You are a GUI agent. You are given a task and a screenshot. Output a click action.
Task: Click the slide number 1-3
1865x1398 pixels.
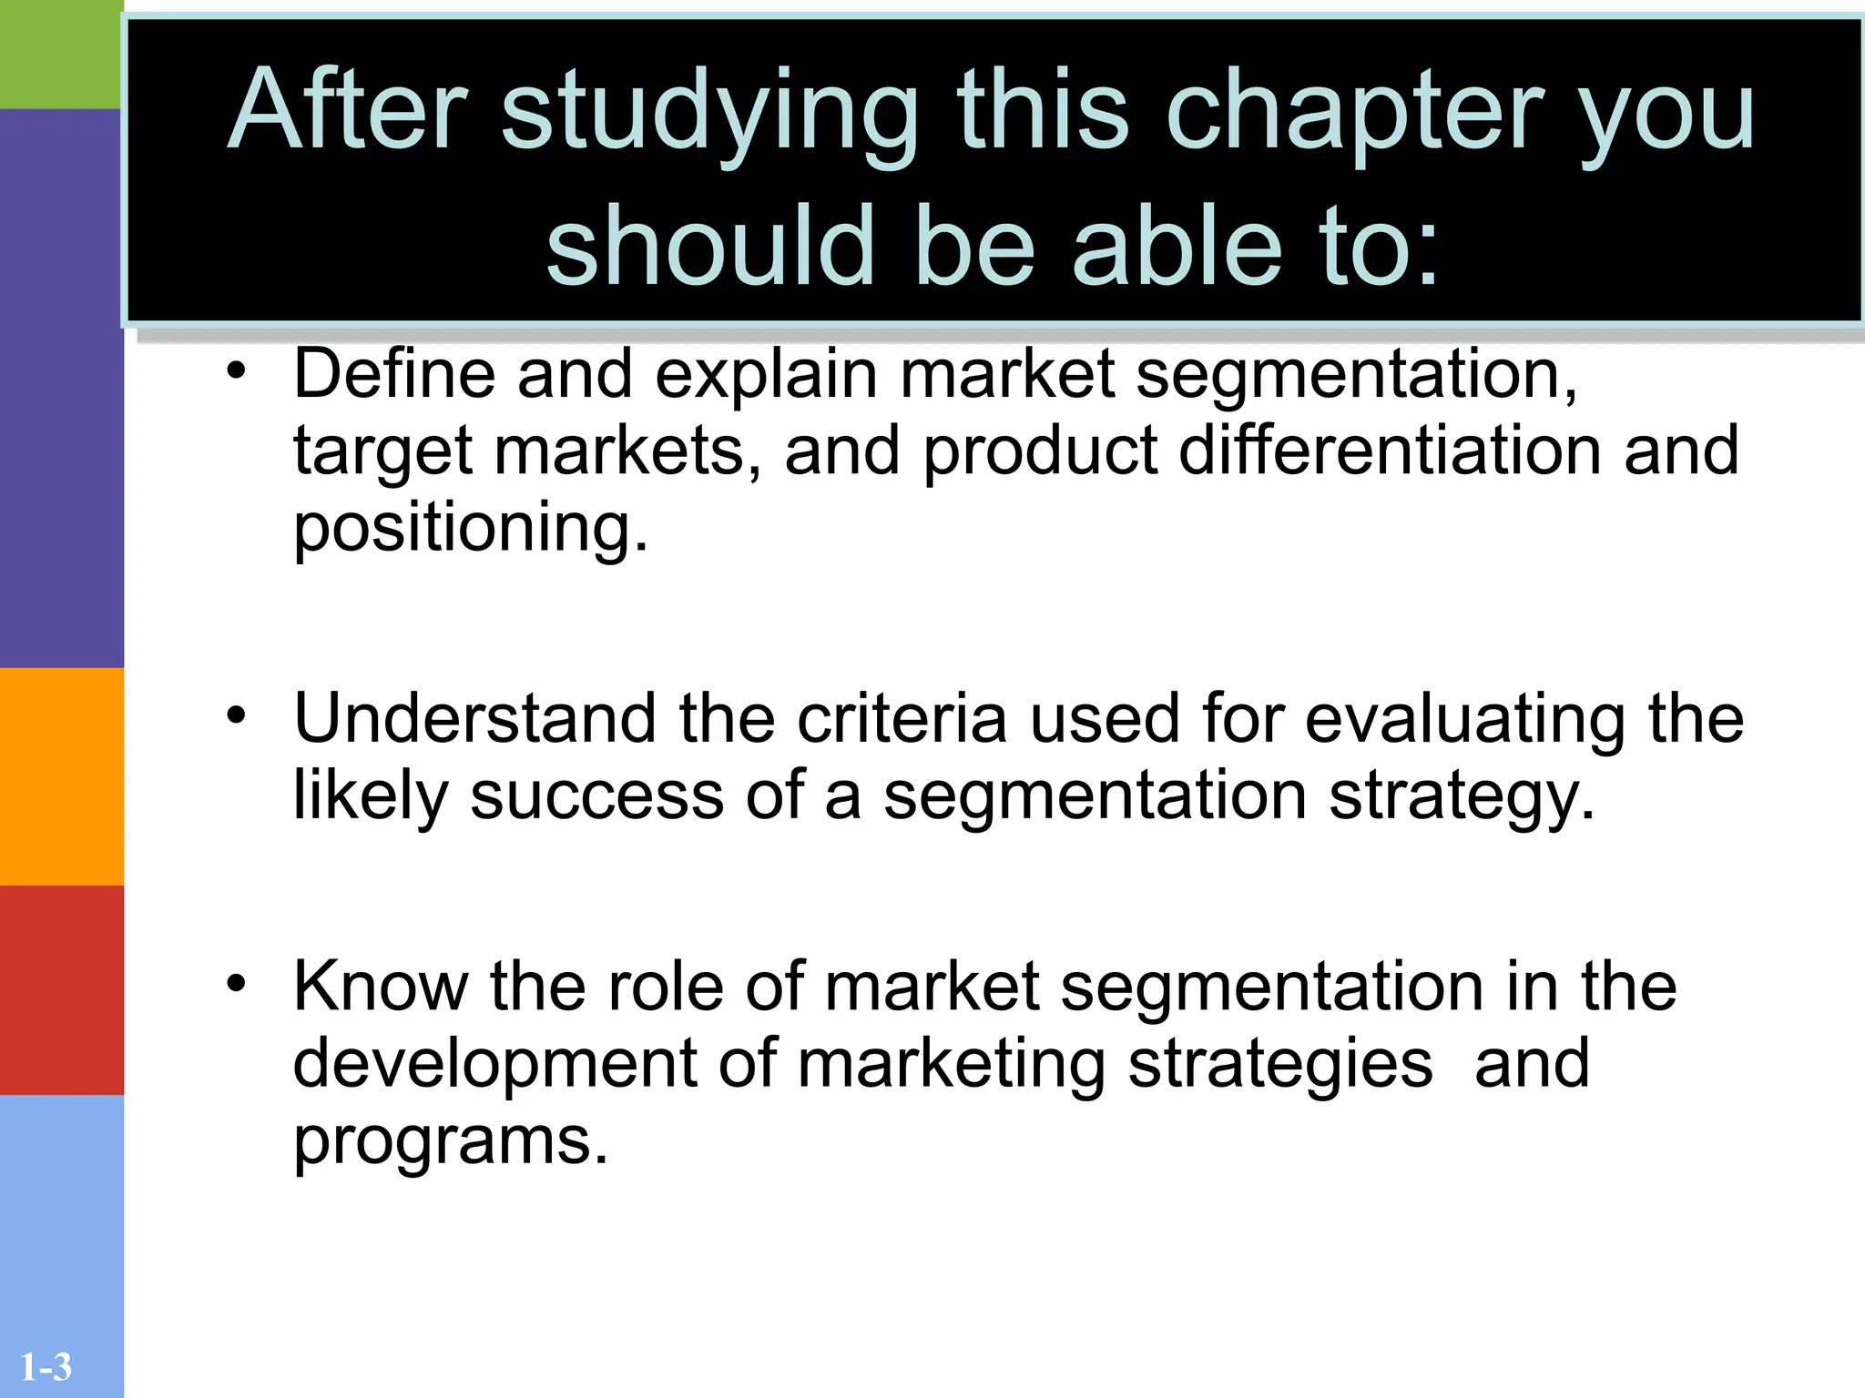pyautogui.click(x=46, y=1367)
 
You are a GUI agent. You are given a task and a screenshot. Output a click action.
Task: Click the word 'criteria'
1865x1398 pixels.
pyautogui.click(x=902, y=719)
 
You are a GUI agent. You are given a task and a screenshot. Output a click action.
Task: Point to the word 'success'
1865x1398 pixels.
pyautogui.click(x=596, y=795)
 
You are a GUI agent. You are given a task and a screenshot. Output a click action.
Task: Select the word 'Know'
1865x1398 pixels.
pyautogui.click(x=381, y=987)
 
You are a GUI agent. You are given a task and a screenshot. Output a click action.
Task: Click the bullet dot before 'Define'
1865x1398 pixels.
pyautogui.click(x=237, y=371)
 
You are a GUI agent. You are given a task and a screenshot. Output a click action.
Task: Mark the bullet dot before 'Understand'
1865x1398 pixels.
pyautogui.click(x=237, y=715)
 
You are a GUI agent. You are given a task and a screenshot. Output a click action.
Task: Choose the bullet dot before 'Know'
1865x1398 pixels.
pyautogui.click(x=237, y=983)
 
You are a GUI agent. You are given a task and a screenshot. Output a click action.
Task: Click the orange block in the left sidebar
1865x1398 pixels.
pyautogui.click(x=61, y=776)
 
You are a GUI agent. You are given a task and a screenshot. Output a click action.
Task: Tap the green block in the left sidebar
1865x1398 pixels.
pyautogui.click(x=61, y=55)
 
